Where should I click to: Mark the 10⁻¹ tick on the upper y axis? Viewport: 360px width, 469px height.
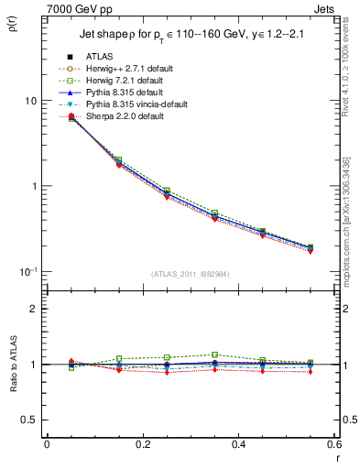(28, 271)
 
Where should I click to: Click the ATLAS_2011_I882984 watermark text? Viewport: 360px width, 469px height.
(190, 276)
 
